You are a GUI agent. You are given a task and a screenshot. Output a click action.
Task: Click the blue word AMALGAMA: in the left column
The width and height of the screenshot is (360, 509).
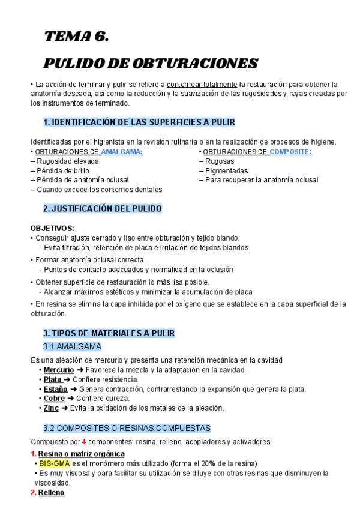[x=122, y=152]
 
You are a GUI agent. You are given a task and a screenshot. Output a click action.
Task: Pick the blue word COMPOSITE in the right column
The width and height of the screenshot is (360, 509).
[x=290, y=152]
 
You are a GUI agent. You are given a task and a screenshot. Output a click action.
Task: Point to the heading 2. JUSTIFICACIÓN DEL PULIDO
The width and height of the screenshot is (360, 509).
[x=102, y=209]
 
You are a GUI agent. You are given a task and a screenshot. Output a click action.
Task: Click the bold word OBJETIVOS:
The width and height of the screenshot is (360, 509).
[x=52, y=228]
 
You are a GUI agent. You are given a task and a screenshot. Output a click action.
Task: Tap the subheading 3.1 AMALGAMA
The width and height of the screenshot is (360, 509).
[x=72, y=346]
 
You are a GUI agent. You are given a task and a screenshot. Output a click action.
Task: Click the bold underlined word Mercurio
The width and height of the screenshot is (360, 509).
[x=59, y=370]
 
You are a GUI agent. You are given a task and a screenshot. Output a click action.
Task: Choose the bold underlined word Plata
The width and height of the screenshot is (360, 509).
[x=53, y=379]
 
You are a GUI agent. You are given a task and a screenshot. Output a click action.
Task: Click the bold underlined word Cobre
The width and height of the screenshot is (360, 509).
[x=54, y=399]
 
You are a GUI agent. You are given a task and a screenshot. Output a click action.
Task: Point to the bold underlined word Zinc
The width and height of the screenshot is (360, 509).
[x=51, y=408]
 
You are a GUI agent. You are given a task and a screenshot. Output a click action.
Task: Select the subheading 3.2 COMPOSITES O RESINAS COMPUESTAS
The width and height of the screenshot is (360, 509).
[x=127, y=428]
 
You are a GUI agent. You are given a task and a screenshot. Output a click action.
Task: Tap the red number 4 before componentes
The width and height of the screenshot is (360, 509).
[x=84, y=442]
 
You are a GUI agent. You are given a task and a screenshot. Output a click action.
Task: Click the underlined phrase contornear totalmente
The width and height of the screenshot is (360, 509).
[x=202, y=84]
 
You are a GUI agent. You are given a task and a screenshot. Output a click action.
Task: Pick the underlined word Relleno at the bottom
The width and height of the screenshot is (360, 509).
[x=52, y=493]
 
